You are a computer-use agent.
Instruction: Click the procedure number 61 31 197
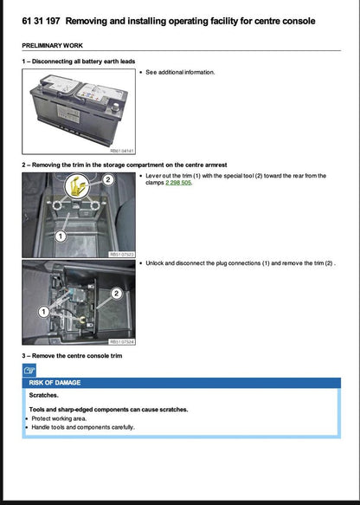pos(41,20)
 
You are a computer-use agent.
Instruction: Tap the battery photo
pos(78,107)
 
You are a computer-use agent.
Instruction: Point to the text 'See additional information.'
pos(180,72)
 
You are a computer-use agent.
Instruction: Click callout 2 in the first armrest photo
pos(108,180)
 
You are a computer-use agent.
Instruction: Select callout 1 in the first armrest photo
pos(61,236)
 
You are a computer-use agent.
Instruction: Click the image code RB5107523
pos(121,255)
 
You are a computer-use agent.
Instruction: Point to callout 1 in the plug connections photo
pos(43,310)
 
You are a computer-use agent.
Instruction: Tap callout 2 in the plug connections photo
pos(115,295)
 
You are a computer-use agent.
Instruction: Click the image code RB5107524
pos(121,342)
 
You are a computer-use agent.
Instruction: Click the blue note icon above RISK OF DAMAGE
pos(30,370)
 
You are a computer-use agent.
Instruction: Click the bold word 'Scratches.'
pos(45,395)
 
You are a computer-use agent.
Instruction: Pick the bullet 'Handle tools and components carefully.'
pos(83,426)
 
